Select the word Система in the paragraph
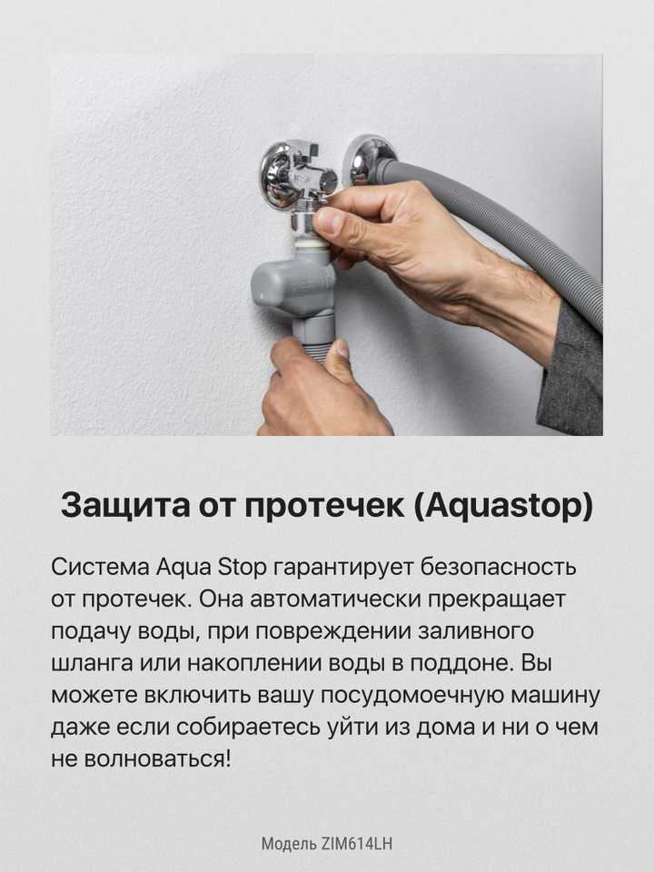click(100, 568)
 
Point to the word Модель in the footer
click(289, 844)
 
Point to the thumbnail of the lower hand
click(342, 349)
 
